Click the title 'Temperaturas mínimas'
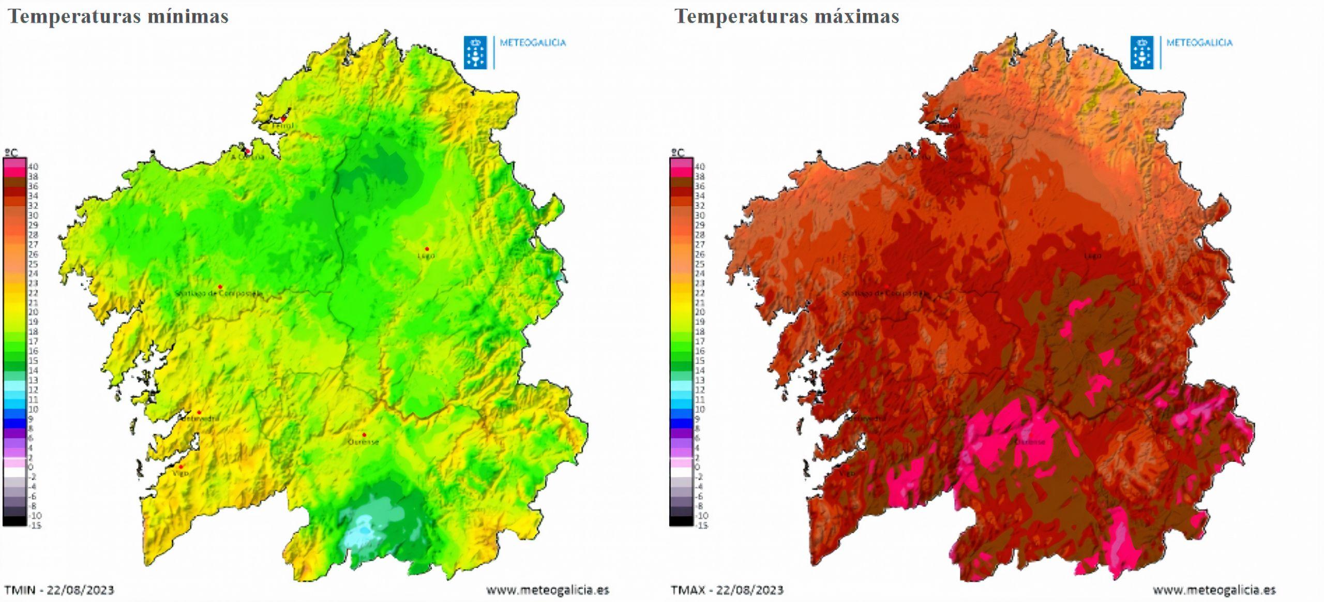[x=118, y=16]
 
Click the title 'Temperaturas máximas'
[x=787, y=16]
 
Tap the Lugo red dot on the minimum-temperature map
[x=427, y=249]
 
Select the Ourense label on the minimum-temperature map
[x=363, y=442]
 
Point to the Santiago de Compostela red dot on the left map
[x=220, y=287]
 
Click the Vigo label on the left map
[x=180, y=473]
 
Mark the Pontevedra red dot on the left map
[x=199, y=412]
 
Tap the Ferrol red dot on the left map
[x=283, y=118]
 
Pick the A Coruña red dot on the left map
[x=248, y=151]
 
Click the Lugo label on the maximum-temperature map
[x=1093, y=255]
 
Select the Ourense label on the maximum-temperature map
[x=1030, y=442]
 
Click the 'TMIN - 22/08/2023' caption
[x=59, y=590]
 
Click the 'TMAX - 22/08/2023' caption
[x=727, y=590]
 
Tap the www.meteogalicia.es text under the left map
[x=547, y=590]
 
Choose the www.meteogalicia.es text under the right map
[x=1214, y=590]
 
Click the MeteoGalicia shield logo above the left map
[x=475, y=52]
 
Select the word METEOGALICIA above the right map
[x=1199, y=43]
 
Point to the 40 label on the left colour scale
[x=33, y=167]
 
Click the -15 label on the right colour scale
[x=701, y=525]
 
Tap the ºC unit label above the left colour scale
[x=11, y=153]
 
